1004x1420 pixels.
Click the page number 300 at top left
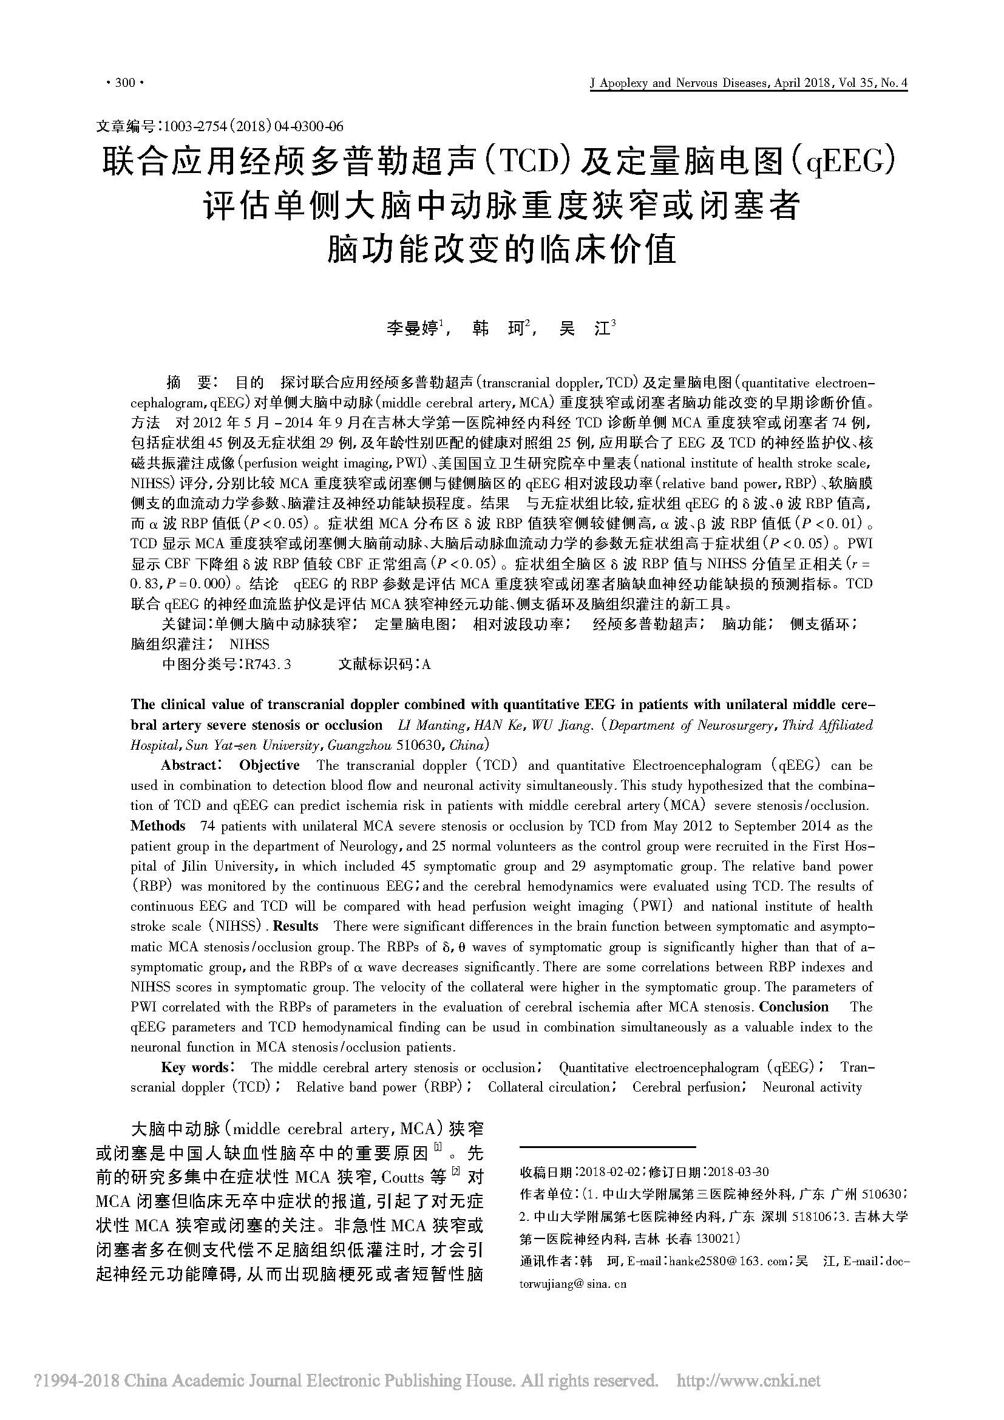coord(125,83)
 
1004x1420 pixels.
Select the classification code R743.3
coord(268,664)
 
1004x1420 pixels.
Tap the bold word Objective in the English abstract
coord(269,766)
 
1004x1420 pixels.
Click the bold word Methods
coord(158,826)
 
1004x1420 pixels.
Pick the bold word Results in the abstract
coord(296,926)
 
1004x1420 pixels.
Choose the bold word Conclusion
coord(793,1007)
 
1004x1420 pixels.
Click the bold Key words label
coord(194,1067)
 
